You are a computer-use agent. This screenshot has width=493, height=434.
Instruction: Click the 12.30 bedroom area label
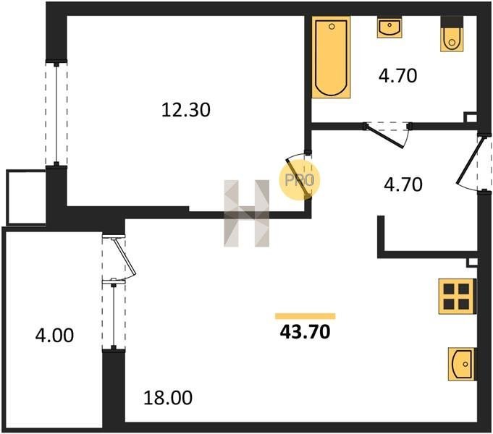pos(186,110)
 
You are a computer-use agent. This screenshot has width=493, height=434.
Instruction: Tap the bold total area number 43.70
pos(305,332)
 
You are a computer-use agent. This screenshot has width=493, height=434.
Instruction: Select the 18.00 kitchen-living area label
pos(168,398)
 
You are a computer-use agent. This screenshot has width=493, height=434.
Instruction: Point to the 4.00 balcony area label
pos(54,335)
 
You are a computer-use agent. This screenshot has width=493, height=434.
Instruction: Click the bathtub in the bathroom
pos(331,57)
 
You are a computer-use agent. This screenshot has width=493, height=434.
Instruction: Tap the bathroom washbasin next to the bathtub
pos(390,27)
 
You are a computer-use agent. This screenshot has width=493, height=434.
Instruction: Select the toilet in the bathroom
pos(452,34)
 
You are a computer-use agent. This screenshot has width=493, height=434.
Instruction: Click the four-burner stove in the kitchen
pos(457,297)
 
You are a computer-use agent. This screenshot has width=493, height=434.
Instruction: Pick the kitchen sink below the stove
pos(461,365)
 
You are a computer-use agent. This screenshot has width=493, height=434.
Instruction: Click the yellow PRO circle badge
pos(299,180)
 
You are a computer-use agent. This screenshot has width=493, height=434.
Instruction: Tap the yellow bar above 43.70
pos(305,316)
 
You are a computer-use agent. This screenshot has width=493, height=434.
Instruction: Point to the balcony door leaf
pos(125,257)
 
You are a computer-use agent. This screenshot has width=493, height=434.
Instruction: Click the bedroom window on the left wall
pos(56,113)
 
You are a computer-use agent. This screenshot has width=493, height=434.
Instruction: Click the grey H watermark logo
pos(246,213)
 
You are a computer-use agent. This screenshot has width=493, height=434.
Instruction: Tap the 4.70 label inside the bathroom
pos(397,76)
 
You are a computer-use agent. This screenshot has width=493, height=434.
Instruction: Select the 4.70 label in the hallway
pos(403,184)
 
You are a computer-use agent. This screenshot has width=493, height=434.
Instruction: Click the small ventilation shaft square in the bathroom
pos(471,117)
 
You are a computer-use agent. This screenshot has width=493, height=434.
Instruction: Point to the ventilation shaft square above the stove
pos(472,263)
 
